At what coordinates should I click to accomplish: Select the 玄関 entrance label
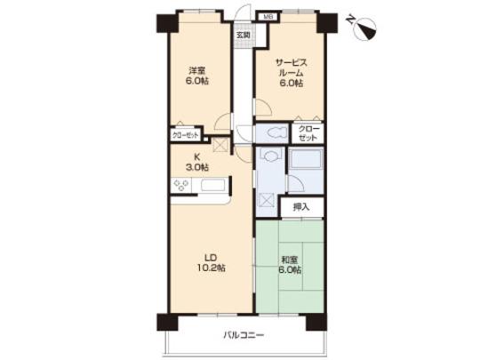pos(243,36)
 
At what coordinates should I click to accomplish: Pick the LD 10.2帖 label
pos(210,258)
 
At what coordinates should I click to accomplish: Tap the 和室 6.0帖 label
pos(290,264)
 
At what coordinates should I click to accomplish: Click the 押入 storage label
pos(302,207)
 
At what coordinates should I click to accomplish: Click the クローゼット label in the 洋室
pos(188,136)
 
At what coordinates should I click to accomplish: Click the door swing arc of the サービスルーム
pos(263,108)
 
